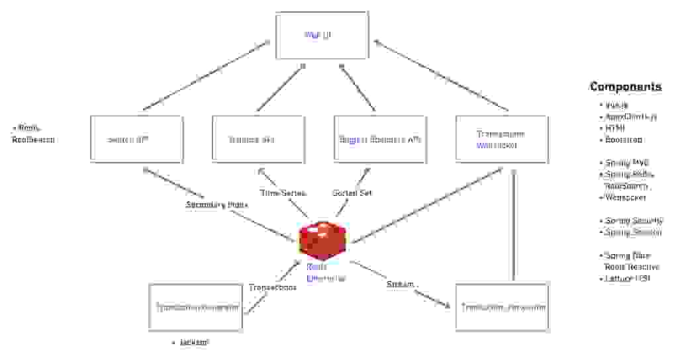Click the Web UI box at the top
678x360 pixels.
point(322,35)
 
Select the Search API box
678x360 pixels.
point(136,139)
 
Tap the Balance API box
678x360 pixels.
point(258,139)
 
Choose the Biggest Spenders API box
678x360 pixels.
point(380,139)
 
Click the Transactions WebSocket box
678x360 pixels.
point(501,139)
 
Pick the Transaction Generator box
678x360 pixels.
point(197,307)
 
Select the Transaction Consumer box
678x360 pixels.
point(502,307)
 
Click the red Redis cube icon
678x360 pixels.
point(322,240)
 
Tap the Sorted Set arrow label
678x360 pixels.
point(352,193)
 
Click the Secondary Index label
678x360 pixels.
point(217,204)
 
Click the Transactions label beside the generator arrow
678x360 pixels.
point(273,287)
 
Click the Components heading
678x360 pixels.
point(625,87)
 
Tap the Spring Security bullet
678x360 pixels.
point(633,220)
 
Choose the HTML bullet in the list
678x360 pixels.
point(615,128)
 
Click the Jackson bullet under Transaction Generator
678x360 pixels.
point(195,342)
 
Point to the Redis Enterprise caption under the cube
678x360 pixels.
point(326,273)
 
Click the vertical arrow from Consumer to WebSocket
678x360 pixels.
point(512,225)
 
